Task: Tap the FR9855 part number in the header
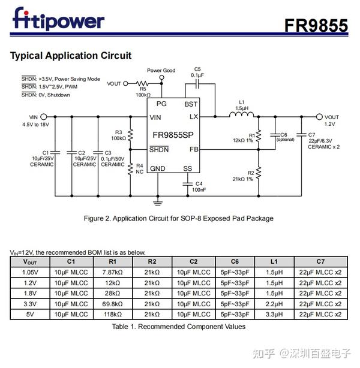pyautogui.click(x=316, y=25)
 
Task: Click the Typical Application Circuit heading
pyautogui.click(x=71, y=56)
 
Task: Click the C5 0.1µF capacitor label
pyautogui.click(x=197, y=72)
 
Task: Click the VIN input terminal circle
pyautogui.click(x=44, y=117)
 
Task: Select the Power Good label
pyautogui.click(x=161, y=71)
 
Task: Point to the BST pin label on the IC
pyautogui.click(x=191, y=104)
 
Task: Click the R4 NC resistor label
pyautogui.click(x=139, y=168)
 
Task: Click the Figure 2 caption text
pyautogui.click(x=178, y=218)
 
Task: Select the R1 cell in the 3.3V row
pyautogui.click(x=112, y=304)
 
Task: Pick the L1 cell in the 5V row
pyautogui.click(x=274, y=314)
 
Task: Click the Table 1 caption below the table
pyautogui.click(x=178, y=327)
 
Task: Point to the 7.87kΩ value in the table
pyautogui.click(x=112, y=272)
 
